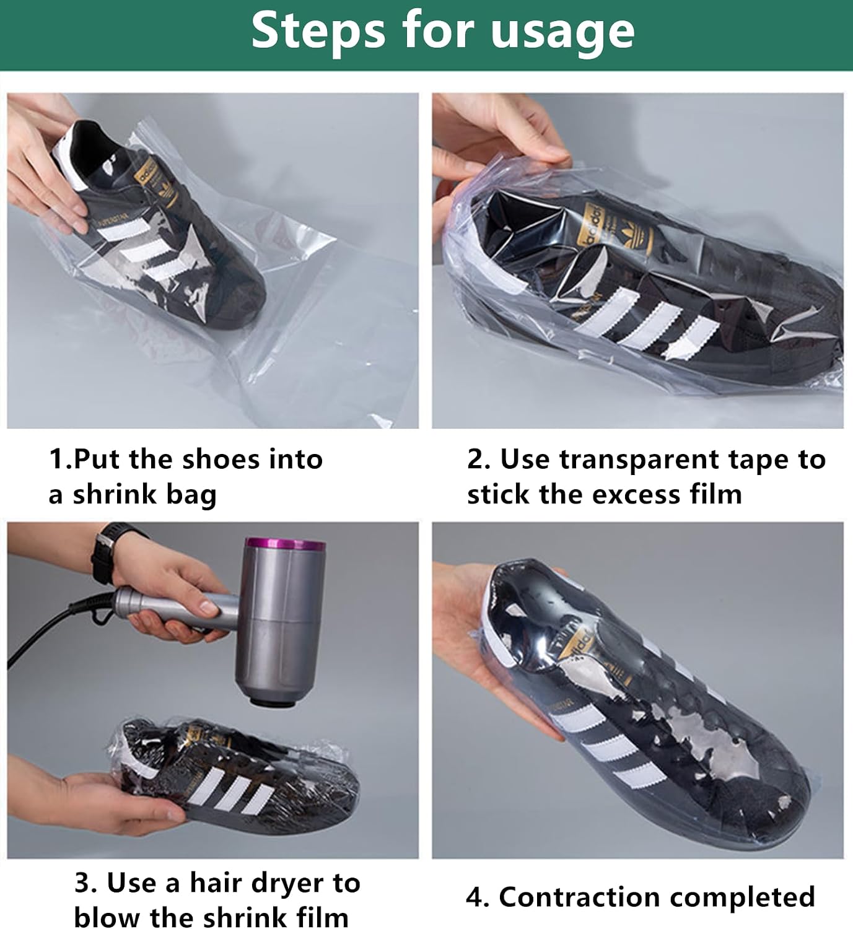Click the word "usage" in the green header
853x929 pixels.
tap(562, 32)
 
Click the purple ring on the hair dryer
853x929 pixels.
tap(285, 544)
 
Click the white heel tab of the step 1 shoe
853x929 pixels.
tap(67, 155)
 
